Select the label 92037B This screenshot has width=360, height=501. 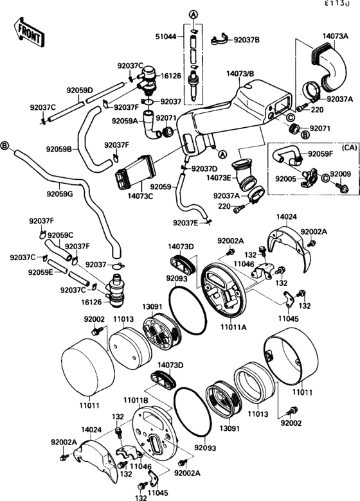247,40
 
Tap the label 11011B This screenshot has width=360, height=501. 136,400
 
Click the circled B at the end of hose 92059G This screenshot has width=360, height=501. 6,146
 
